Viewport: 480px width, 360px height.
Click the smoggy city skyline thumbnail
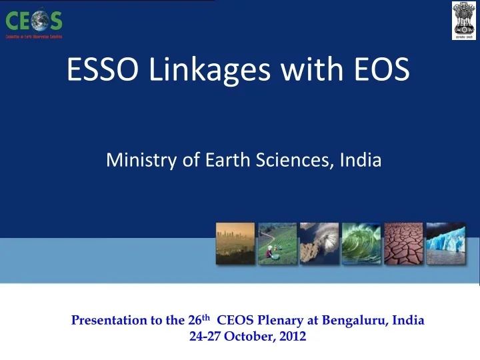coord(235,243)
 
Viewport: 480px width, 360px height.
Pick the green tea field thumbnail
coord(277,243)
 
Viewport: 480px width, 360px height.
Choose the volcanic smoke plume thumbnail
coord(319,243)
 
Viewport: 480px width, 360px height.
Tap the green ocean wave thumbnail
coord(361,243)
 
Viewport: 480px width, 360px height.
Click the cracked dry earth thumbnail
coord(403,243)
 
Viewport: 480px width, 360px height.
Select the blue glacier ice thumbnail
coord(445,243)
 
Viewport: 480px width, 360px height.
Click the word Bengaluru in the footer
coord(355,320)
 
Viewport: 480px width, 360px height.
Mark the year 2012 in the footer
coord(293,336)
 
